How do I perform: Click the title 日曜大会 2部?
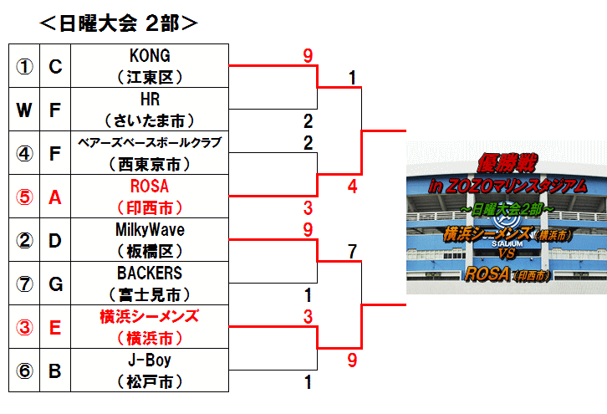coord(119,23)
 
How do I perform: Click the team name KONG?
coord(150,56)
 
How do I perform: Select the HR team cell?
coord(150,110)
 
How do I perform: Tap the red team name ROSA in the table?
coord(150,187)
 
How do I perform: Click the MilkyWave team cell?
coord(150,240)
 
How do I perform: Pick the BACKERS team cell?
coord(150,283)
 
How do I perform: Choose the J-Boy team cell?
coord(150,370)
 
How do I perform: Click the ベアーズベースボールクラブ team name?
coord(150,142)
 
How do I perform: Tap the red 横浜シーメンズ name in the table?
coord(150,316)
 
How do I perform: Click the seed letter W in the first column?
coord(24,110)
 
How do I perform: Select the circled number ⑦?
coord(24,284)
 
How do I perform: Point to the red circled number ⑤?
coord(24,197)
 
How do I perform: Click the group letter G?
coord(55,284)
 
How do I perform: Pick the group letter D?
coord(55,241)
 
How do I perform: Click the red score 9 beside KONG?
coord(308,56)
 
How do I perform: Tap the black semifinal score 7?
coord(352,252)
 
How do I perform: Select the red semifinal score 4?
coord(352,187)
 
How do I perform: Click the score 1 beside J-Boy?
coord(309,382)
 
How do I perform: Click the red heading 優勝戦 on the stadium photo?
coord(508,163)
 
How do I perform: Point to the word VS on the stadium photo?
coord(508,253)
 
